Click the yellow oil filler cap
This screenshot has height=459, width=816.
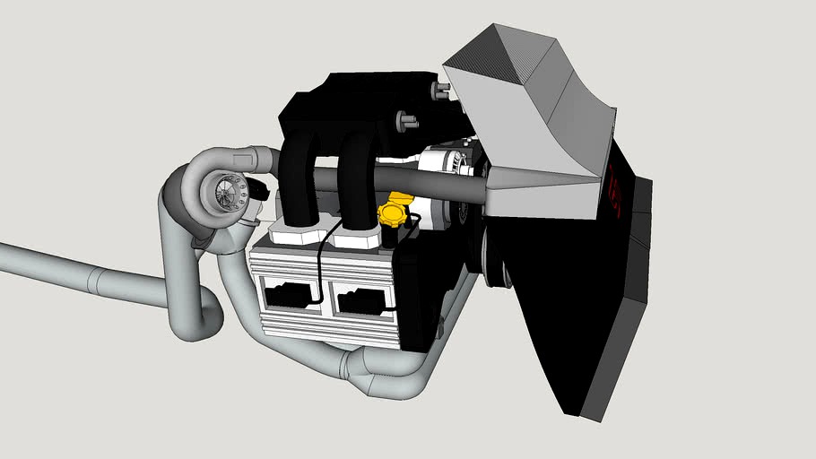click(x=393, y=213)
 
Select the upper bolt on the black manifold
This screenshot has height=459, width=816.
click(x=442, y=90)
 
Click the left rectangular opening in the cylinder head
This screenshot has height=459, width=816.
click(x=289, y=293)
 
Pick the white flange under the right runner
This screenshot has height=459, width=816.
click(x=357, y=238)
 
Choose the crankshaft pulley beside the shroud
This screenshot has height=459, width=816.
click(x=493, y=255)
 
